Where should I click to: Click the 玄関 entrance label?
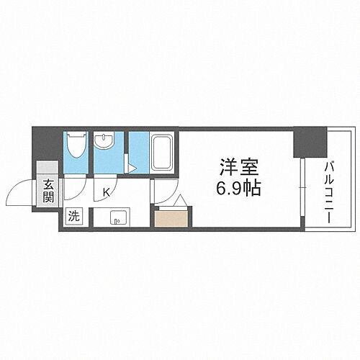point(48,191)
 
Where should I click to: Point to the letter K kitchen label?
point(106,192)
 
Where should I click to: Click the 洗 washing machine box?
point(73,214)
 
